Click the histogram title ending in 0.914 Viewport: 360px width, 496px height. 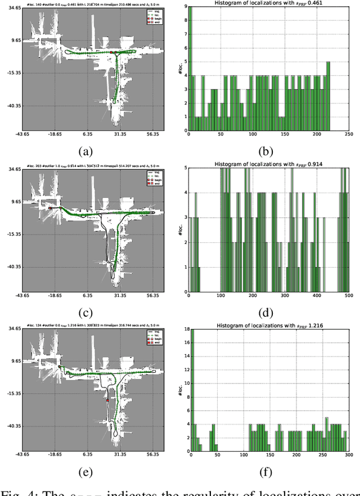tap(269, 164)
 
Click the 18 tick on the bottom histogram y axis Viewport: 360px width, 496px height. tap(184, 330)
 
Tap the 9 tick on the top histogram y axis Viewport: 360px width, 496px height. tap(186, 7)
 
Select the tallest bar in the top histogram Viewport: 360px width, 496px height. tap(190, 68)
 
